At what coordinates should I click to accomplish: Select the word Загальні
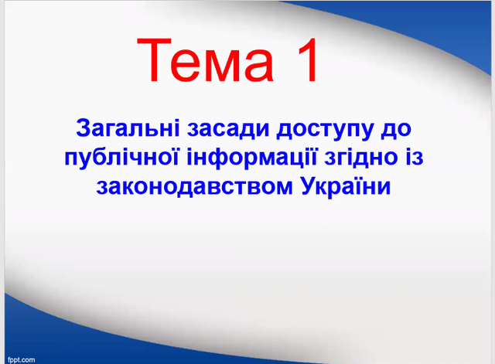point(128,128)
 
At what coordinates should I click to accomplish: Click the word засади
point(228,129)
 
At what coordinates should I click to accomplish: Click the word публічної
point(122,158)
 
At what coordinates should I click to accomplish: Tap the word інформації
point(251,158)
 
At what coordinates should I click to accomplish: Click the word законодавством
point(195,186)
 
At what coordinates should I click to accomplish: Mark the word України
point(346,186)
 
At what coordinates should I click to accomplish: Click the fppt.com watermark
point(22,360)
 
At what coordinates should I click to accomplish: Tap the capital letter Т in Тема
point(154,60)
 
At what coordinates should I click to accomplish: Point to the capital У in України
point(309,186)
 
